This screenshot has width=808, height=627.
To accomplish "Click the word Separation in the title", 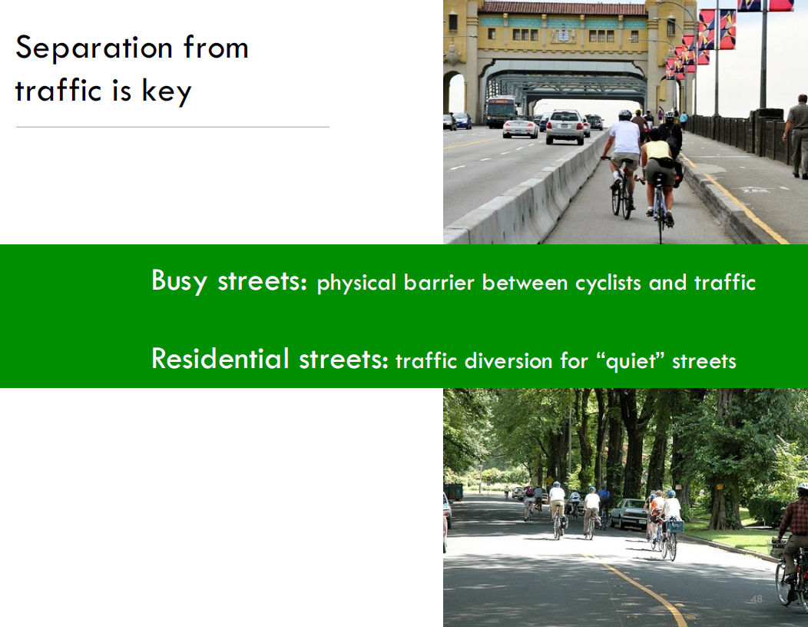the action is (94, 48).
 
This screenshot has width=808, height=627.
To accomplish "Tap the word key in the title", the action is (167, 91).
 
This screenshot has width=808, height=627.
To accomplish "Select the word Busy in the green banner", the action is (179, 281).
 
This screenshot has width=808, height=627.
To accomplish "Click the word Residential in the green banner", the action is (220, 359).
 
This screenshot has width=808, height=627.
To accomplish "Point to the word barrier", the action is (439, 283).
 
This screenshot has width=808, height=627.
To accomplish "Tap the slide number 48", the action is (757, 599).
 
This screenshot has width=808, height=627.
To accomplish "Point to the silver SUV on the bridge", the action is (565, 126).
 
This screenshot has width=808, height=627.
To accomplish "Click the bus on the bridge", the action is (500, 111).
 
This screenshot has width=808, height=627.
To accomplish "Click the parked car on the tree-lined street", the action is (629, 513).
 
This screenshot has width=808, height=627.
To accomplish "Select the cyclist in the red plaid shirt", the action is (794, 542).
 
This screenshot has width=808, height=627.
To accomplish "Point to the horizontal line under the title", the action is (173, 127).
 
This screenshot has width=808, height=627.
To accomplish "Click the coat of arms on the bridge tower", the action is (563, 35).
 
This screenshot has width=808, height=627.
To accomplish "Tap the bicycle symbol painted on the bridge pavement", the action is (756, 190).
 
